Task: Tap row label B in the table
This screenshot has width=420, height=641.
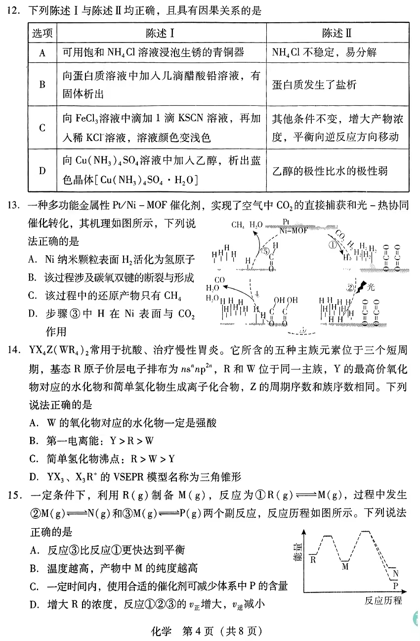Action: [x=42, y=84]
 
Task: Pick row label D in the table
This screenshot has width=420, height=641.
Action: [x=42, y=171]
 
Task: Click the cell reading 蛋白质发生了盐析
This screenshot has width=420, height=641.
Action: [x=314, y=85]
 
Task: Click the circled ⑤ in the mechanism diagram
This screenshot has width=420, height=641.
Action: [x=265, y=251]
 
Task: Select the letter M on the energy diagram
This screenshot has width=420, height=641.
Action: [x=345, y=566]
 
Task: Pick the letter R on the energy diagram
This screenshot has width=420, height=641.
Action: [x=313, y=560]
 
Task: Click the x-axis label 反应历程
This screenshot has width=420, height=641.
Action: [x=383, y=601]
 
